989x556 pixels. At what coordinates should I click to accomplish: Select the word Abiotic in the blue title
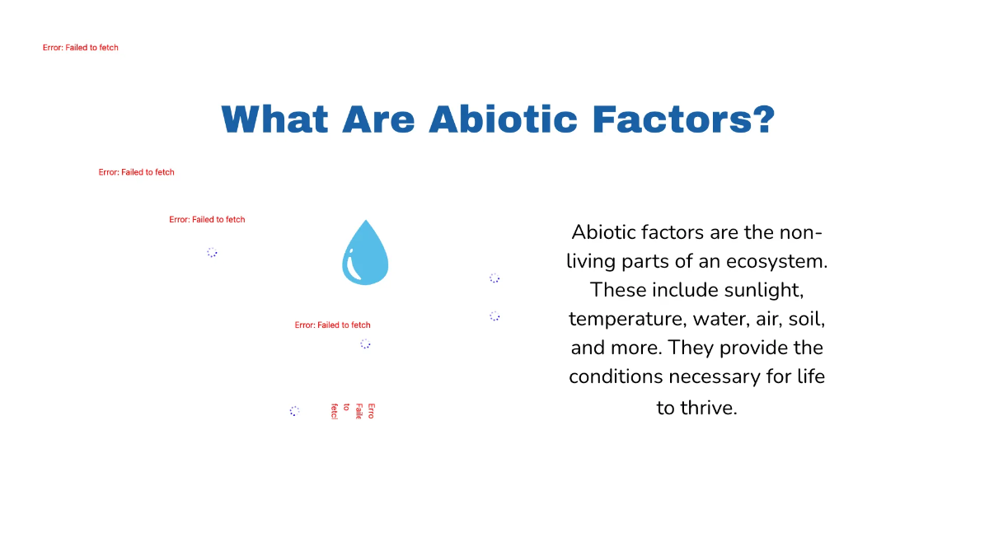(x=503, y=120)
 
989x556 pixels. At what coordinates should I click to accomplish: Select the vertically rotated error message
(x=353, y=411)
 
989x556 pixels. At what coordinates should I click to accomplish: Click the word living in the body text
(x=591, y=261)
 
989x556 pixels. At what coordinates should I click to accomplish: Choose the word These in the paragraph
(x=618, y=290)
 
